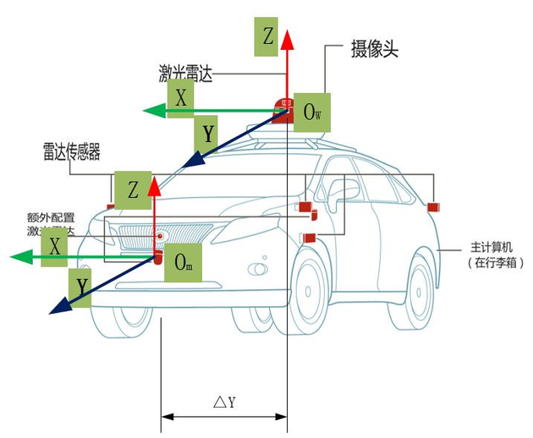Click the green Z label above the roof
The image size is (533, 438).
point(267,37)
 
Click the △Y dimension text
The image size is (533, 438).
point(223,402)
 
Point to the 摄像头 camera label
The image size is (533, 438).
point(374,50)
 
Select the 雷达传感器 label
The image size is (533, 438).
point(72,151)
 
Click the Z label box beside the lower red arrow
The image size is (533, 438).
point(133,190)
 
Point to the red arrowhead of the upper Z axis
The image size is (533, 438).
point(287,39)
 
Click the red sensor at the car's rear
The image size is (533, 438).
point(433,207)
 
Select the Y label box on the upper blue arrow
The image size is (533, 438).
point(207,132)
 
